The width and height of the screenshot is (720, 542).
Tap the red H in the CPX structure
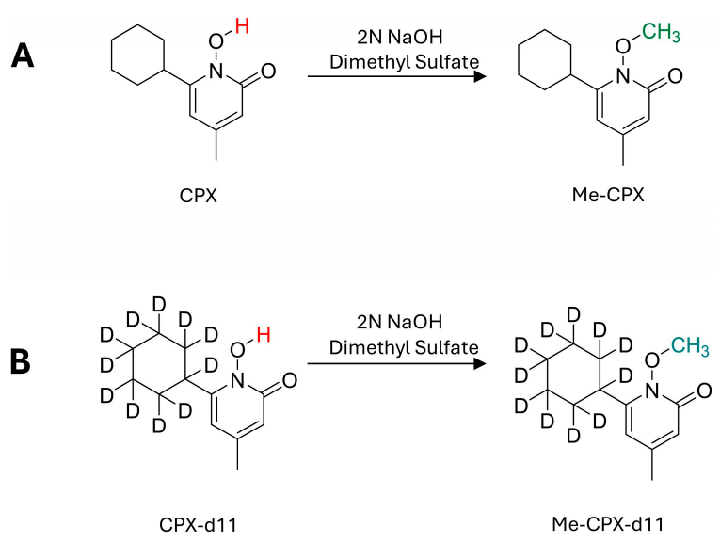243,27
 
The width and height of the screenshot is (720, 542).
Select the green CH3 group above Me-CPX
663,35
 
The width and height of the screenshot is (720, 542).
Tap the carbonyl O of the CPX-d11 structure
291,381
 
